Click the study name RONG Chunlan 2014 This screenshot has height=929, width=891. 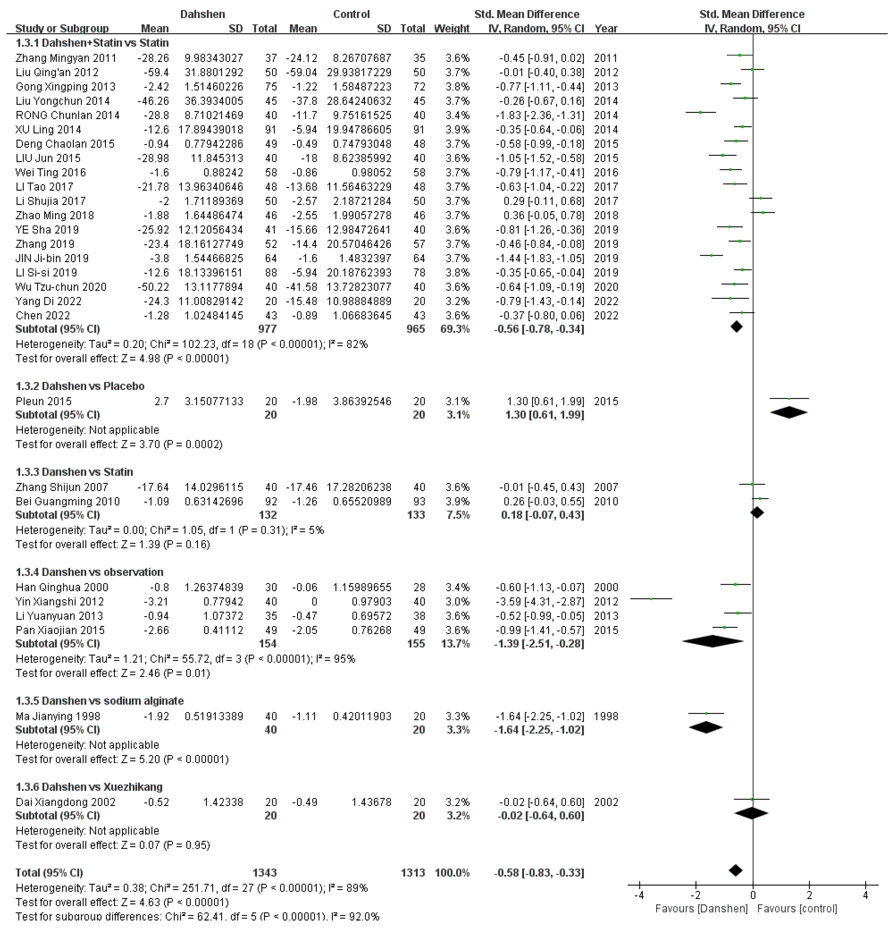67,115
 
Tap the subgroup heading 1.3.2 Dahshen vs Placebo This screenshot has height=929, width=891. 80,386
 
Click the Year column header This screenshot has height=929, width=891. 606,29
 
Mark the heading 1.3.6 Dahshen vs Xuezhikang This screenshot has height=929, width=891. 89,787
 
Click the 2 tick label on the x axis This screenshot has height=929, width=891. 809,895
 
